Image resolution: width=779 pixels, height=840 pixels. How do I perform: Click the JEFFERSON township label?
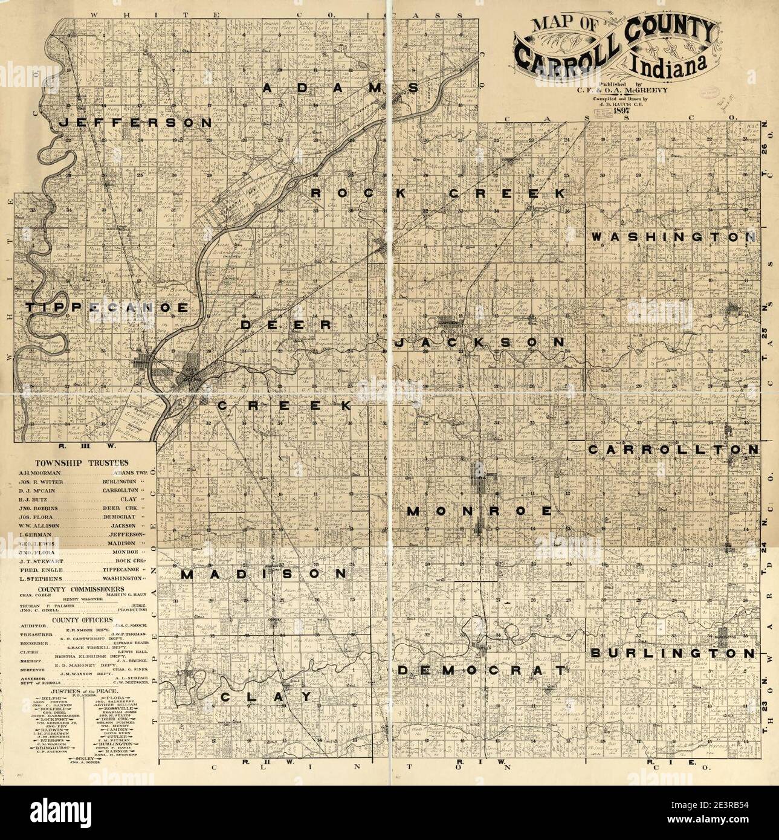pos(136,122)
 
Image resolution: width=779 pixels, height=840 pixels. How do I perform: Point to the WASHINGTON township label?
pos(673,237)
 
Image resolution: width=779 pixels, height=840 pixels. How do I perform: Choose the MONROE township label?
pos(479,511)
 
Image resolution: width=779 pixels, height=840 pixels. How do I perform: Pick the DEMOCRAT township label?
pos(483,670)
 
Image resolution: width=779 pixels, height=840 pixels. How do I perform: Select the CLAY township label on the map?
pos(266,697)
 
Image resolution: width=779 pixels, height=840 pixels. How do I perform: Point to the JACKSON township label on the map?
pos(479,343)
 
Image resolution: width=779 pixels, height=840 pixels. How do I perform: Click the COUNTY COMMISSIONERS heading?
pos(80,588)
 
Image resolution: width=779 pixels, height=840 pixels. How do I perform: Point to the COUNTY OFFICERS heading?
pos(82,621)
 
